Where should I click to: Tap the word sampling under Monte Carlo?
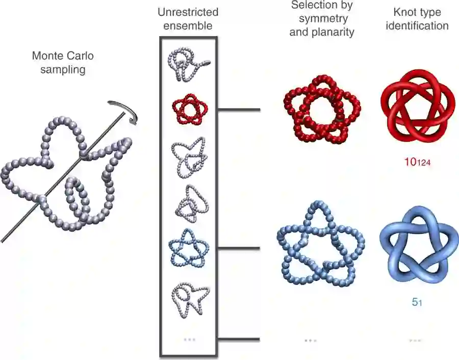pos(58,69)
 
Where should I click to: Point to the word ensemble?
pos(188,25)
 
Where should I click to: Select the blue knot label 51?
pos(416,302)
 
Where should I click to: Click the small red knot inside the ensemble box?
pos(190,109)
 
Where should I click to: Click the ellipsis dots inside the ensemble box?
pos(189,339)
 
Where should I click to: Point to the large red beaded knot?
pos(320,108)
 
